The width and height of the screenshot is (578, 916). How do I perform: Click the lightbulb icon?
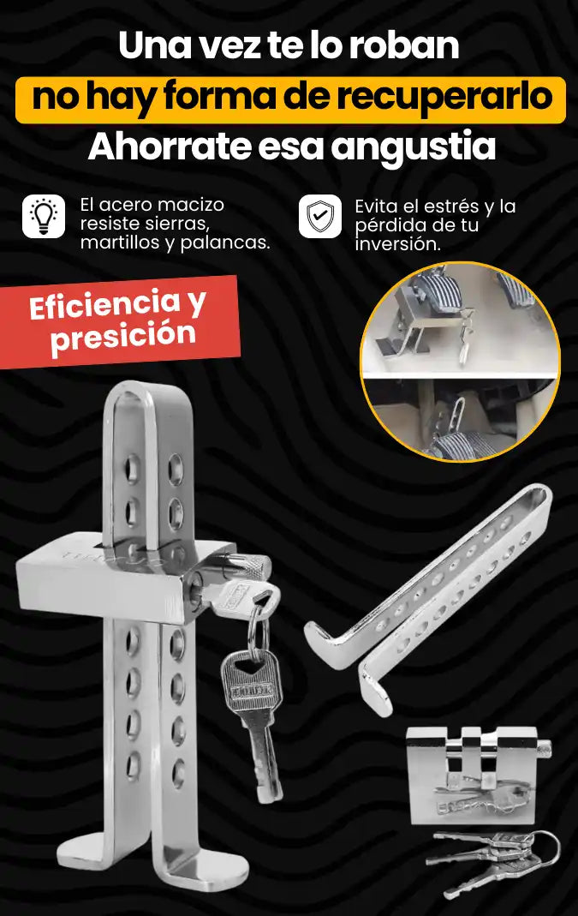[44, 216]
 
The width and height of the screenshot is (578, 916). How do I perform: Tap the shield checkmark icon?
[320, 216]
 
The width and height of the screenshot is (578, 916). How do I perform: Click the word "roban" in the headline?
[404, 45]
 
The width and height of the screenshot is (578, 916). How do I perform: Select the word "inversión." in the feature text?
[397, 244]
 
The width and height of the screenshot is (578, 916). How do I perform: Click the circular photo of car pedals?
[461, 362]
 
